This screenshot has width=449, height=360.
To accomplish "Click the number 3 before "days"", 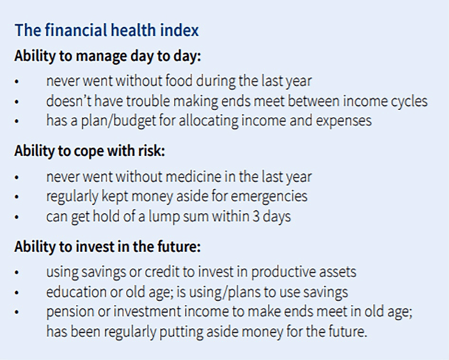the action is tap(255, 217).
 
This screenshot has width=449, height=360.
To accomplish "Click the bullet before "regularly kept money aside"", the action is tap(17, 197).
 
